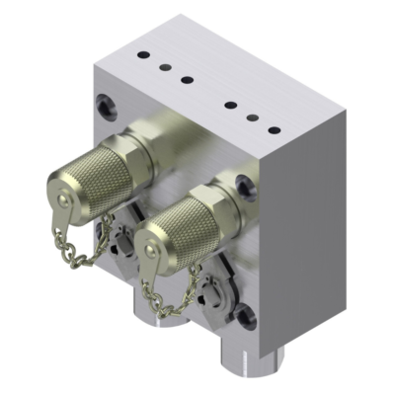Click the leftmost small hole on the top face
141,55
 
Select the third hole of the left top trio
187,79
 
